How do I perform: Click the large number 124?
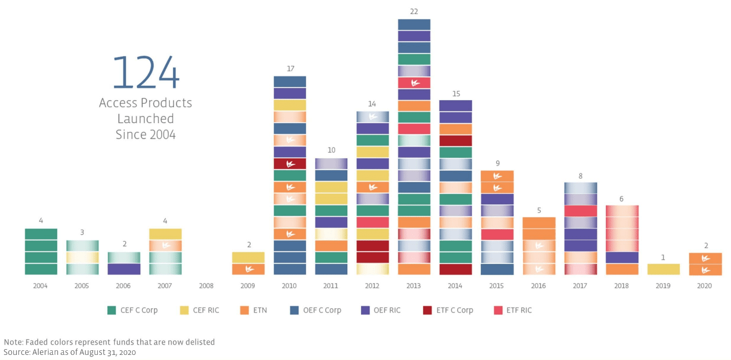click(x=146, y=73)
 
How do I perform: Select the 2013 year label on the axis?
click(x=414, y=286)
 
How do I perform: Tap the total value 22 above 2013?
click(x=414, y=11)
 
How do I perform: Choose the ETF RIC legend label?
click(x=519, y=310)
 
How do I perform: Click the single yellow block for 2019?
click(x=663, y=269)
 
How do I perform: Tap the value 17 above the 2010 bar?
click(x=290, y=69)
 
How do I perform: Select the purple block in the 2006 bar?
click(x=124, y=269)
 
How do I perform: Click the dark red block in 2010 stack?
click(x=290, y=164)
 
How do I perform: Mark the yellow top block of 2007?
click(x=165, y=234)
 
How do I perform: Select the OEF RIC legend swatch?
click(x=365, y=310)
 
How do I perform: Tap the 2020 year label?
click(x=704, y=286)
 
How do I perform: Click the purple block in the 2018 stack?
click(x=622, y=257)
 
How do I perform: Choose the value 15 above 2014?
click(x=456, y=94)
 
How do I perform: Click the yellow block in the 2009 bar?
click(x=248, y=257)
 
